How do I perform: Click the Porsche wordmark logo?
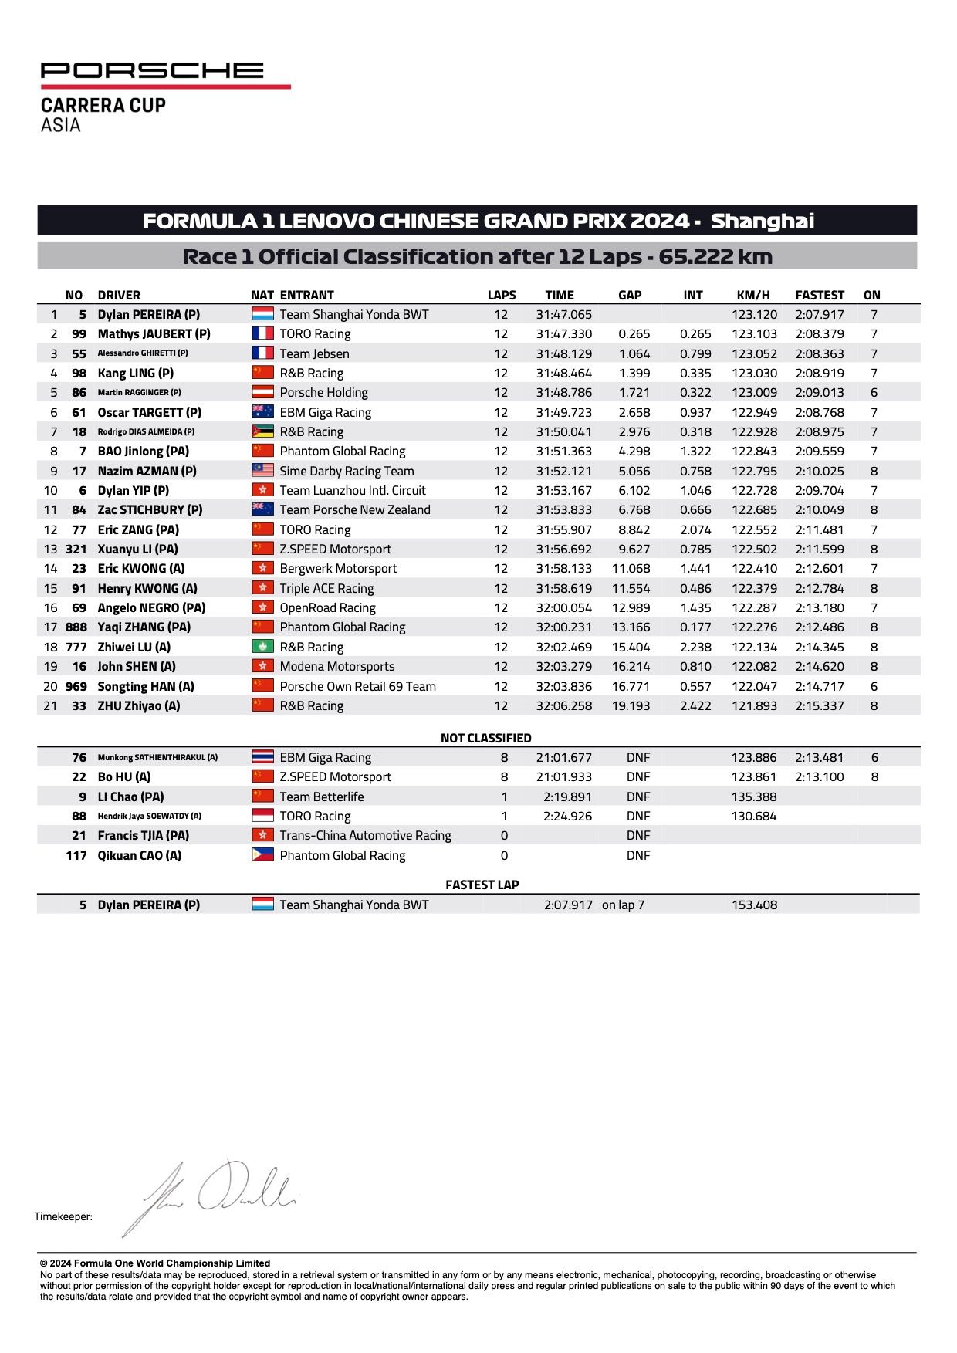[152, 71]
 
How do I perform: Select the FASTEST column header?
[820, 295]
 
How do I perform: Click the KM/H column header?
[753, 295]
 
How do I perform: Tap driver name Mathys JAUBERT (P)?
[154, 334]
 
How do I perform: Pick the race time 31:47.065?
[563, 315]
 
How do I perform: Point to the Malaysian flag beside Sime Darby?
[262, 471]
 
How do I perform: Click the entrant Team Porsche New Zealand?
[355, 510]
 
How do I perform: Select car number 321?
[76, 550]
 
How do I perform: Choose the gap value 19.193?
[631, 706]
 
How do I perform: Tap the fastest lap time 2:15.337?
[820, 706]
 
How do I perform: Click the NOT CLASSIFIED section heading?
[485, 739]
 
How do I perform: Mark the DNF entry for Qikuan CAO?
[638, 856]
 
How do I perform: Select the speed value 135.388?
[754, 797]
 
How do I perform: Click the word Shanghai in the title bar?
[762, 222]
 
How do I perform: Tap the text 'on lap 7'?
[623, 905]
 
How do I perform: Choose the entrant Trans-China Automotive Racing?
[365, 836]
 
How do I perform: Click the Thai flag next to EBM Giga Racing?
[262, 758]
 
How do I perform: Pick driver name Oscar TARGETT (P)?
[149, 413]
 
